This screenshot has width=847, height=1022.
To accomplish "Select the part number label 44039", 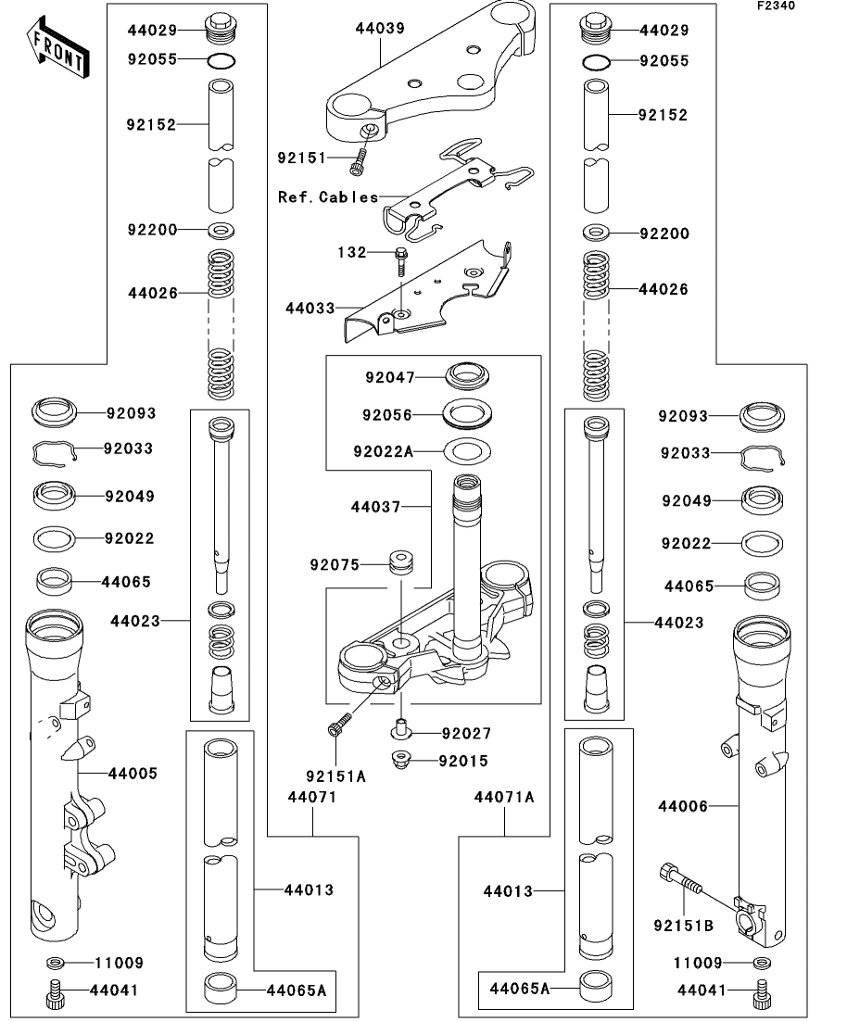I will point(380,30).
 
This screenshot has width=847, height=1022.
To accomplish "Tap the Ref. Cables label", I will point(328,197).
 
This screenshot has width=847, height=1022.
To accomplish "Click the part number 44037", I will point(376,507).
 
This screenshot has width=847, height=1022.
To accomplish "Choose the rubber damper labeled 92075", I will point(401,563).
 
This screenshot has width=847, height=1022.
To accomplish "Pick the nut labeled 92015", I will point(401,760).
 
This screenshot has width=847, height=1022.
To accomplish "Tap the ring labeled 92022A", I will point(468,452).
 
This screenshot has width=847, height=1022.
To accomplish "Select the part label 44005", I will point(133,773).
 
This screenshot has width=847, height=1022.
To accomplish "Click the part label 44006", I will point(683,807).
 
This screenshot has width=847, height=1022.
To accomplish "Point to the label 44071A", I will point(505,797).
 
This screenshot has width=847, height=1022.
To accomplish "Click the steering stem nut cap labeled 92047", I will point(468,377).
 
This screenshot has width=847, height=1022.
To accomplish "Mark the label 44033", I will point(310,306).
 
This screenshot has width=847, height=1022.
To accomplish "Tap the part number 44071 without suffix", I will point(311,797).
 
